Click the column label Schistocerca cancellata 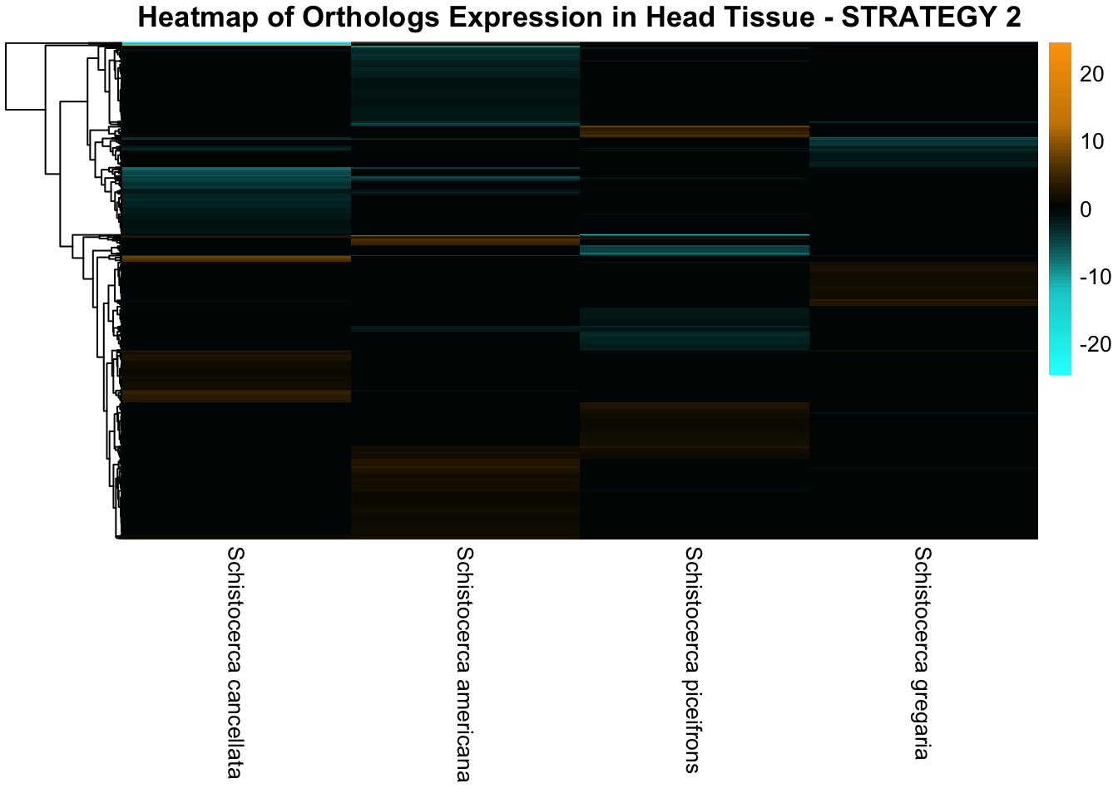pos(235,663)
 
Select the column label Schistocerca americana pos(464,664)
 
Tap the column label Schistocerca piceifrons pos(693,660)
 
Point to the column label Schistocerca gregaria pos(923,653)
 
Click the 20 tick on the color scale pos(1091,74)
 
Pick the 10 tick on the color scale pos(1091,141)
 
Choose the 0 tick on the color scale pos(1086,209)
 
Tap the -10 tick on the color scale pos(1096,277)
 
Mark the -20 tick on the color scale pos(1096,344)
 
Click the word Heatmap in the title pos(198,17)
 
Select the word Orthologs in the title pos(371,17)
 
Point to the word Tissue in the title pos(770,17)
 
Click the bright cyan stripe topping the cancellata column pos(236,44)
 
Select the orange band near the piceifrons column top pos(695,131)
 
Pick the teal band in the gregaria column pos(923,151)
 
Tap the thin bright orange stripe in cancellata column pos(236,259)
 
